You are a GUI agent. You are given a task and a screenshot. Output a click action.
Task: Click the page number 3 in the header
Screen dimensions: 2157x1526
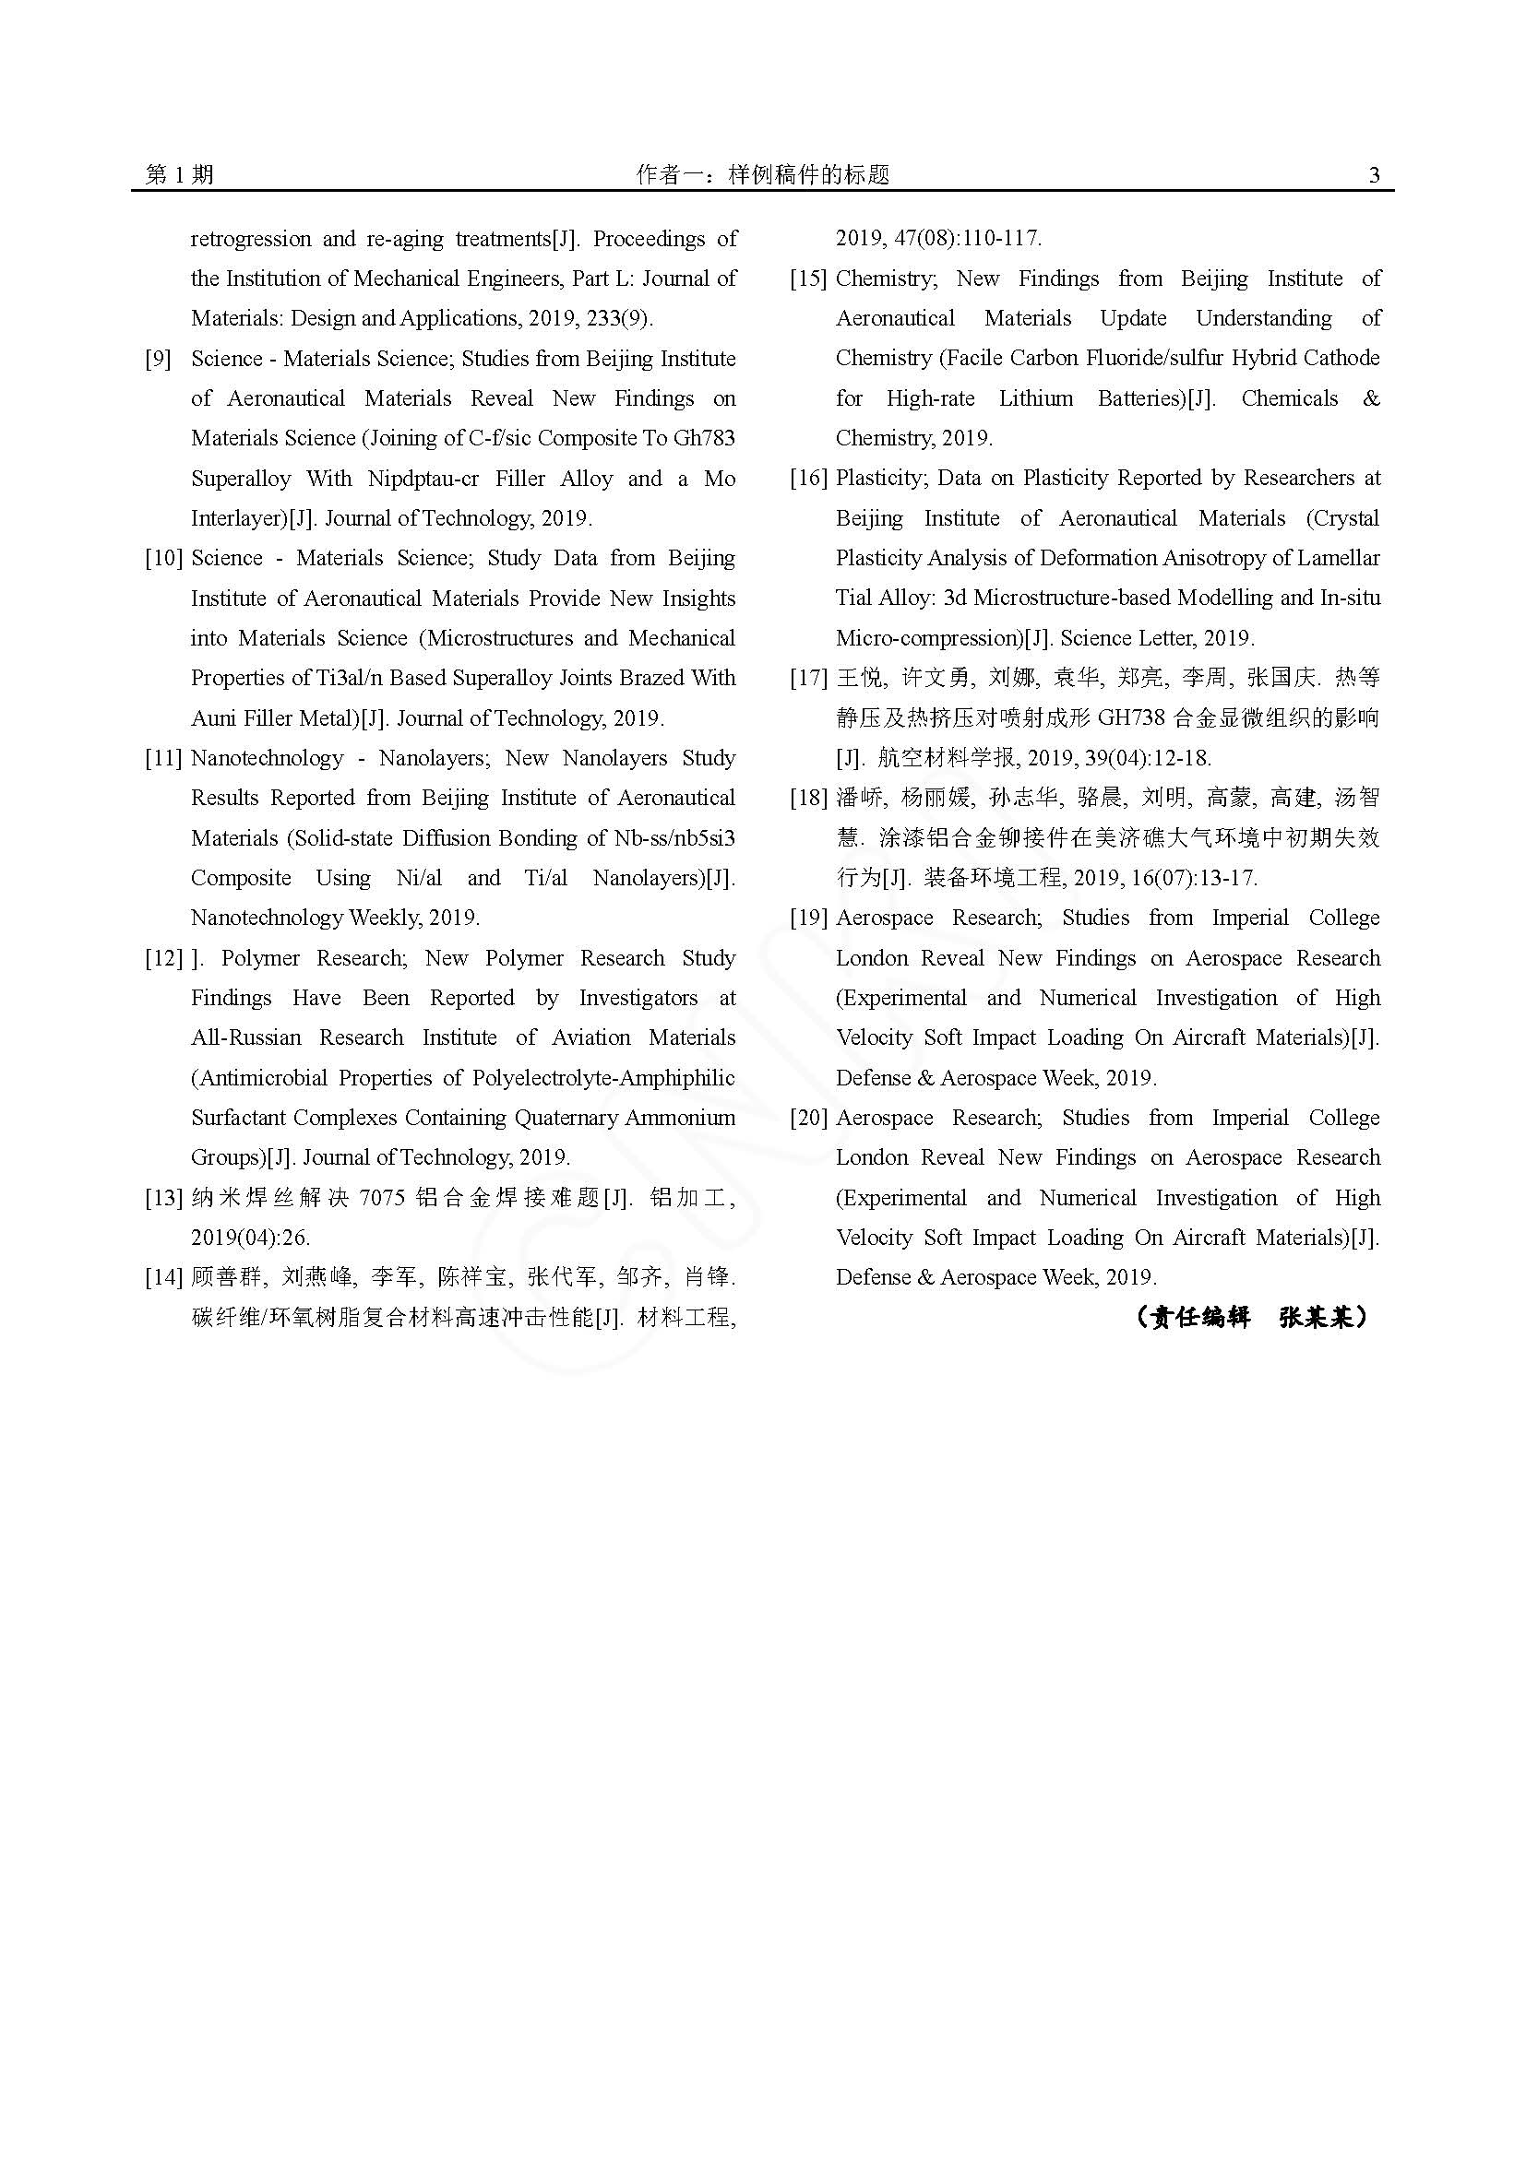pyautogui.click(x=1374, y=174)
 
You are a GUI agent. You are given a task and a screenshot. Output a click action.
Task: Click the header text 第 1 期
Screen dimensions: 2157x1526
pyautogui.click(x=180, y=174)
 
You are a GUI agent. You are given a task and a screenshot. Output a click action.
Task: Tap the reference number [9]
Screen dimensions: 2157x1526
pyautogui.click(x=158, y=359)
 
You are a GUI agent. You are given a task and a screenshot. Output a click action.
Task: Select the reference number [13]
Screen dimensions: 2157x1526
pyautogui.click(x=163, y=1198)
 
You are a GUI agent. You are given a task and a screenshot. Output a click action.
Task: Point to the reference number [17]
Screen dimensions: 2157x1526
pyautogui.click(x=808, y=679)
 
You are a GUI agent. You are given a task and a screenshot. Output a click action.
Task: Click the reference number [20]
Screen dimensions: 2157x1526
pyautogui.click(x=808, y=1118)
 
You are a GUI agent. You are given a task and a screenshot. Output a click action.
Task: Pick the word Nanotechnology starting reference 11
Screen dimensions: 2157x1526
pyautogui.click(x=267, y=758)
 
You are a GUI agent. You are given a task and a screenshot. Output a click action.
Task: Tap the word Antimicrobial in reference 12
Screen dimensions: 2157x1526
pyautogui.click(x=257, y=1077)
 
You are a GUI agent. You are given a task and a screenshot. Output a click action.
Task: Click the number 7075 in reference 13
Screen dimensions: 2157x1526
pyautogui.click(x=385, y=1198)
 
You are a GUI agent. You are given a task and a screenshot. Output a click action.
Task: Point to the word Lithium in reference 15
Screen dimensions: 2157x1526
pyautogui.click(x=1035, y=398)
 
